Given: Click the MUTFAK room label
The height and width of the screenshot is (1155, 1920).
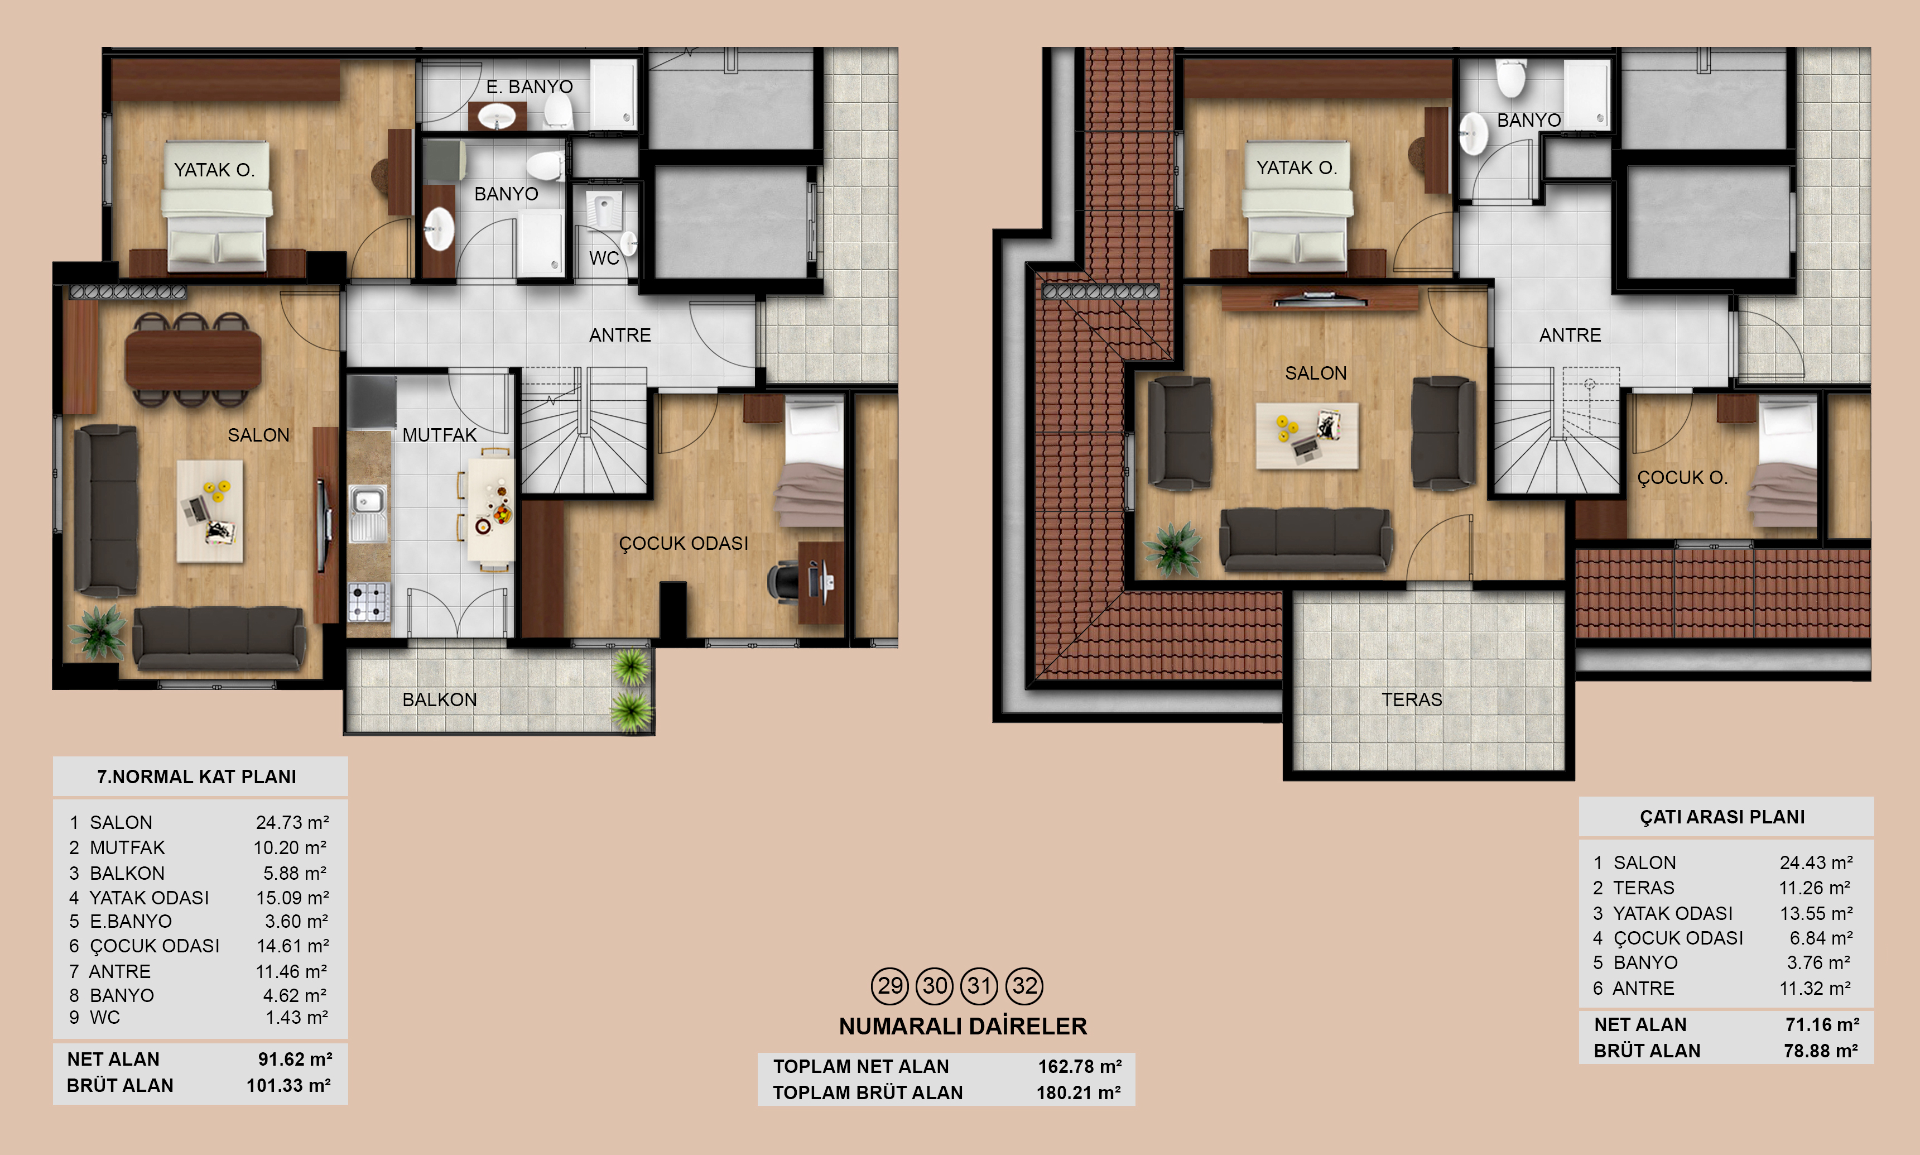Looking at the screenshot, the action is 440,435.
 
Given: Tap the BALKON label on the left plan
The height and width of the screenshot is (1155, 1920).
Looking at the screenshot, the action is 440,699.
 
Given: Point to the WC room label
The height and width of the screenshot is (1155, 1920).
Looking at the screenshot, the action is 604,258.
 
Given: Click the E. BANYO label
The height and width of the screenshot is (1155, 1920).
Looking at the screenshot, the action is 530,87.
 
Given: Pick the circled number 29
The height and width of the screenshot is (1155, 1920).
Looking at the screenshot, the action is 890,986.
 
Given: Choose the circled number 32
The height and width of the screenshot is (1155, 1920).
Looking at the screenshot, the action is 1024,986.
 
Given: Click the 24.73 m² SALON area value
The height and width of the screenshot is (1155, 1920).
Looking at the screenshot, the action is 292,823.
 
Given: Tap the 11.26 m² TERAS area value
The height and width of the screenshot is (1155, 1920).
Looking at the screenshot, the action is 1815,888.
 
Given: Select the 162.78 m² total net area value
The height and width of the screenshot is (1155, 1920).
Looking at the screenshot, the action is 1080,1066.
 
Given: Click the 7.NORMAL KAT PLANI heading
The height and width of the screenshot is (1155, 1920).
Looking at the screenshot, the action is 197,777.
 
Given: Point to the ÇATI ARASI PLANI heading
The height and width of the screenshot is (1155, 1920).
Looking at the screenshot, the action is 1722,817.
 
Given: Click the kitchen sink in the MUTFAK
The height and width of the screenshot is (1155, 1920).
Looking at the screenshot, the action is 368,513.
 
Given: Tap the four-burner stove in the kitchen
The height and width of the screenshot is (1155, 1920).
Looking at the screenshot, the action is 368,602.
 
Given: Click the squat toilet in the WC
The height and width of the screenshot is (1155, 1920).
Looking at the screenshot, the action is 603,209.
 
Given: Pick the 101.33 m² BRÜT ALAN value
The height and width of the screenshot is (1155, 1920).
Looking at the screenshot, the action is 288,1086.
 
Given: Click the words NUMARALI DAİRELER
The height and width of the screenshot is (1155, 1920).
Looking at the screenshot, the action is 963,1027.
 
